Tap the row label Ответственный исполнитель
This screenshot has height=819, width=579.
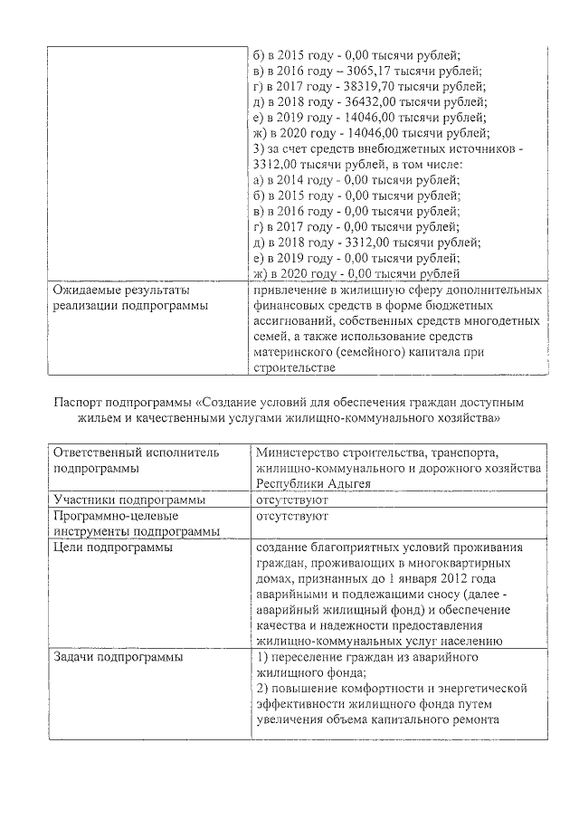pos(136,452)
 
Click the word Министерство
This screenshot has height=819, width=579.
pos(300,452)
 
